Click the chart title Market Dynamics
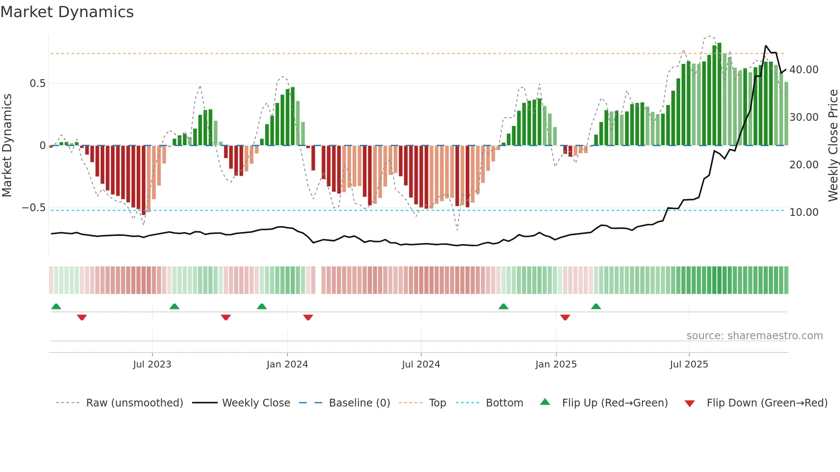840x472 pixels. [67, 12]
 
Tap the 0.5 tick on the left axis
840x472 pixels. [37, 84]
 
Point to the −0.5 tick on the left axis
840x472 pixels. [34, 208]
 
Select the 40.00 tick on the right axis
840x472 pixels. [804, 69]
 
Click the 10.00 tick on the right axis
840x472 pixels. [804, 212]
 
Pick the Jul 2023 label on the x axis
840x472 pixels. [152, 364]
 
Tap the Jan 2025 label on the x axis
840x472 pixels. [556, 364]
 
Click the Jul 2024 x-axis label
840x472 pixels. [421, 364]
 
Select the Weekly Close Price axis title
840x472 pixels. [833, 145]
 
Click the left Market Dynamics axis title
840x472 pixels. [7, 145]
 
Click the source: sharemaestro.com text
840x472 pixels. [754, 336]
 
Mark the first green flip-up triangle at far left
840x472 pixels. [56, 306]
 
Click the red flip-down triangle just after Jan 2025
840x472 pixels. [565, 317]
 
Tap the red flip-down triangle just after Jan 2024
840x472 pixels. [308, 317]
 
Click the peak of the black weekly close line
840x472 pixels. [766, 46]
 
